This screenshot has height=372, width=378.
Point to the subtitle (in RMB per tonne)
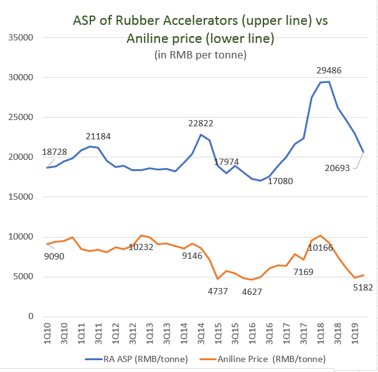tap(201, 55)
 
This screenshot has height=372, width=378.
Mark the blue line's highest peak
tap(329, 81)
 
